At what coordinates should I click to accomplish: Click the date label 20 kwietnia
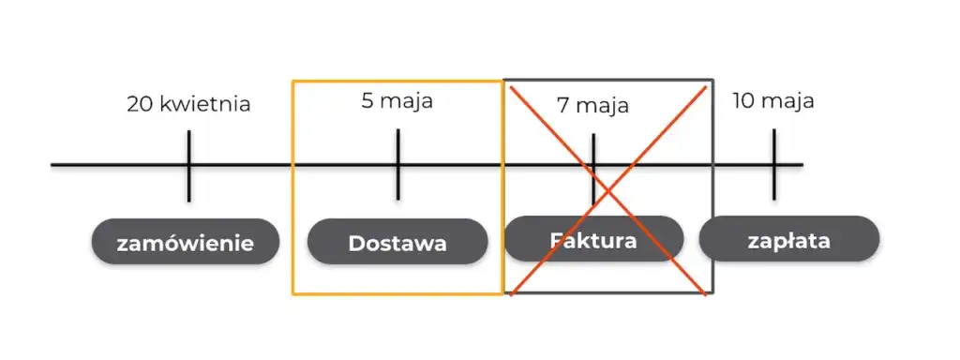[188, 103]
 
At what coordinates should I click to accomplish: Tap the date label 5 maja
[397, 100]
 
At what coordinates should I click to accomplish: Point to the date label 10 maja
[772, 100]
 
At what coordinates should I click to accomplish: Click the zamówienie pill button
[186, 243]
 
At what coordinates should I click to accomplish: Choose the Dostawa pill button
[397, 243]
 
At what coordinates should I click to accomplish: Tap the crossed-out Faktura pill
[592, 239]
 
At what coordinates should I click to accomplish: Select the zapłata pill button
[788, 240]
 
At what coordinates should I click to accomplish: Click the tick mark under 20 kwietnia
[188, 166]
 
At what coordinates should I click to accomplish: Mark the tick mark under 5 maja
[397, 165]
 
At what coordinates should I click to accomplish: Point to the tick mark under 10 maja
[774, 165]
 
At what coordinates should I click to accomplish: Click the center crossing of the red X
[608, 191]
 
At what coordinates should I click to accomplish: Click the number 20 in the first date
[140, 103]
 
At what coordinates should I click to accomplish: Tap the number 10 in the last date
[742, 100]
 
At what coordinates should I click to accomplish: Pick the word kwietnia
[204, 103]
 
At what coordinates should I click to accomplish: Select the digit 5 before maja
[367, 100]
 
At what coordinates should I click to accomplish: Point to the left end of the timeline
[53, 166]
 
